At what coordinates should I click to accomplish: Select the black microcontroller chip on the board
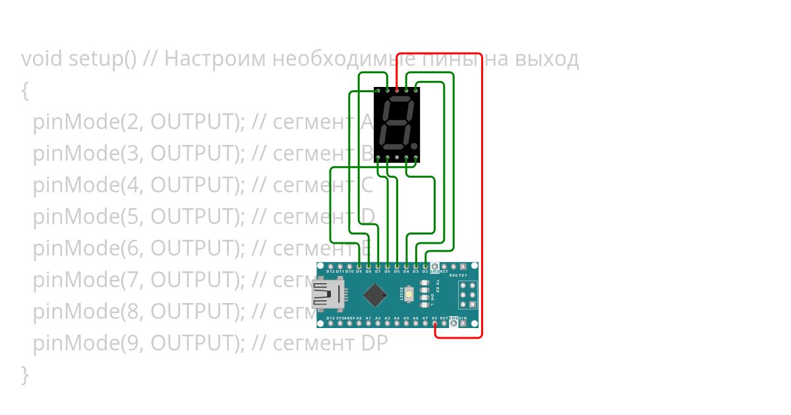[x=374, y=294]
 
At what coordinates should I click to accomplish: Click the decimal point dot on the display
[x=414, y=144]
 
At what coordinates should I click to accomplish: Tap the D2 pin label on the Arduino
[x=425, y=271]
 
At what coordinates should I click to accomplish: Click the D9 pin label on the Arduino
[x=359, y=271]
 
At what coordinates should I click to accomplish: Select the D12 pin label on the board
[x=330, y=271]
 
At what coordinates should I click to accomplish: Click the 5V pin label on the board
[x=434, y=318]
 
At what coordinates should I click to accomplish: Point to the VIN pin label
[x=463, y=318]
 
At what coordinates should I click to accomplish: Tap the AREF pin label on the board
[x=349, y=318]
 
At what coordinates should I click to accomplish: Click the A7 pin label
[x=425, y=318]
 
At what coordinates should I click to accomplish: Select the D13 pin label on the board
[x=330, y=318]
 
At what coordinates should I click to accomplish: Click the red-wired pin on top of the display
[x=397, y=90]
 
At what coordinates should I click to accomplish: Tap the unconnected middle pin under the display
[x=397, y=158]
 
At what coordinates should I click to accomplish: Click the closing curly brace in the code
[x=25, y=374]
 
